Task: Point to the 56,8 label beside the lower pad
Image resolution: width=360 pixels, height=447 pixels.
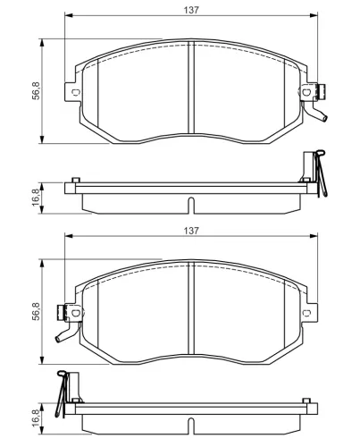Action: coord(36,311)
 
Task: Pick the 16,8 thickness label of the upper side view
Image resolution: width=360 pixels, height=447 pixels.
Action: coord(36,197)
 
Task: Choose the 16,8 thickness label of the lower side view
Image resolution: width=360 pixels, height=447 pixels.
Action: coord(36,418)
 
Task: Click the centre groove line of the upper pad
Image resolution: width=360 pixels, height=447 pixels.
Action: coord(193,89)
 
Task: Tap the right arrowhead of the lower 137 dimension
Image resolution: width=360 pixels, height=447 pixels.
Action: coord(314,238)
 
